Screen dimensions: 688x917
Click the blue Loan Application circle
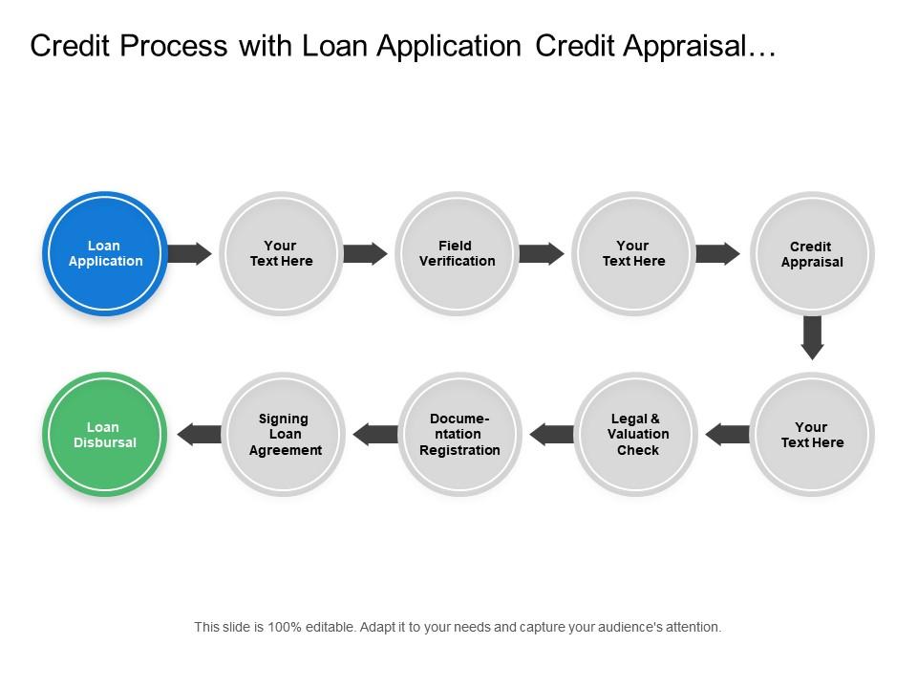coord(105,254)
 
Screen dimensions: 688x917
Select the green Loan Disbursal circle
coord(105,435)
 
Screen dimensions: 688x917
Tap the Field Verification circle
coord(457,254)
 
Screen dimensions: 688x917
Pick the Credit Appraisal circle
coord(811,254)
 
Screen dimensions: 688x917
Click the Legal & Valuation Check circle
coord(637,435)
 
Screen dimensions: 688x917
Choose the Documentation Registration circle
coord(459,435)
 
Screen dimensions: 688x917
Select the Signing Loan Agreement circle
coord(284,435)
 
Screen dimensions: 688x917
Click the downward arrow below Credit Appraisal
coord(812,336)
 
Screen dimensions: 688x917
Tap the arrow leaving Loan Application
coord(189,253)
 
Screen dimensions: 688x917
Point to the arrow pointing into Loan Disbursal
coord(200,434)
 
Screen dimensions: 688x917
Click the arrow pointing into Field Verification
coord(365,253)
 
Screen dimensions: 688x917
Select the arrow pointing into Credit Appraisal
coord(717,253)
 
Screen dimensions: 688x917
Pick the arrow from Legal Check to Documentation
coord(551,435)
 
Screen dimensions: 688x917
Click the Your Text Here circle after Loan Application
coord(281,254)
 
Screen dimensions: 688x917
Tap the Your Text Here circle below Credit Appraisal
coord(811,435)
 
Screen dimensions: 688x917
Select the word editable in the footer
coord(325,628)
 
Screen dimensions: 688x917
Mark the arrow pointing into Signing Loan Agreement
coord(375,435)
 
